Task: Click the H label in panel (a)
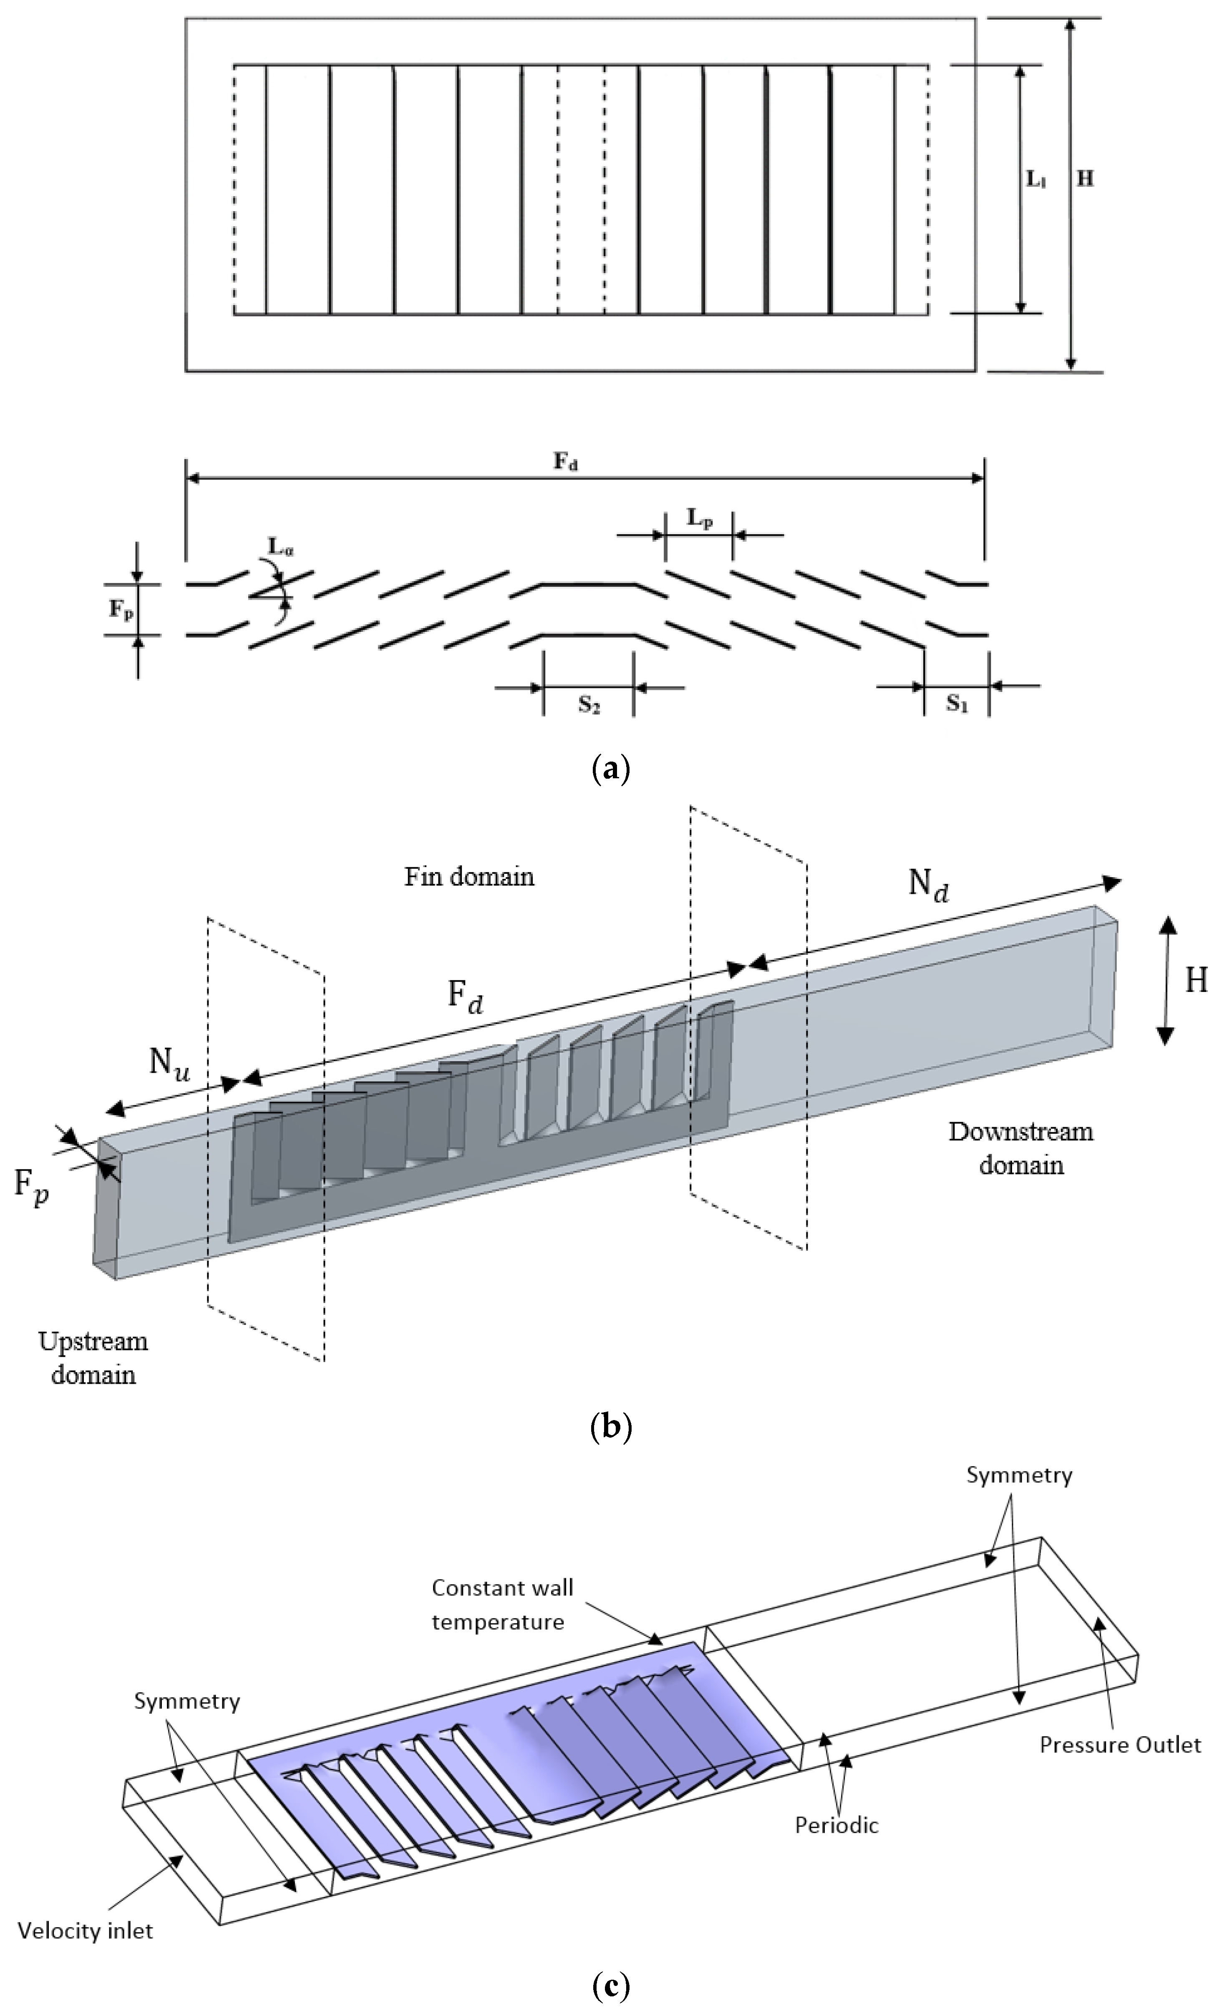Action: [1085, 178]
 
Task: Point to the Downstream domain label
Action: [1021, 1148]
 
